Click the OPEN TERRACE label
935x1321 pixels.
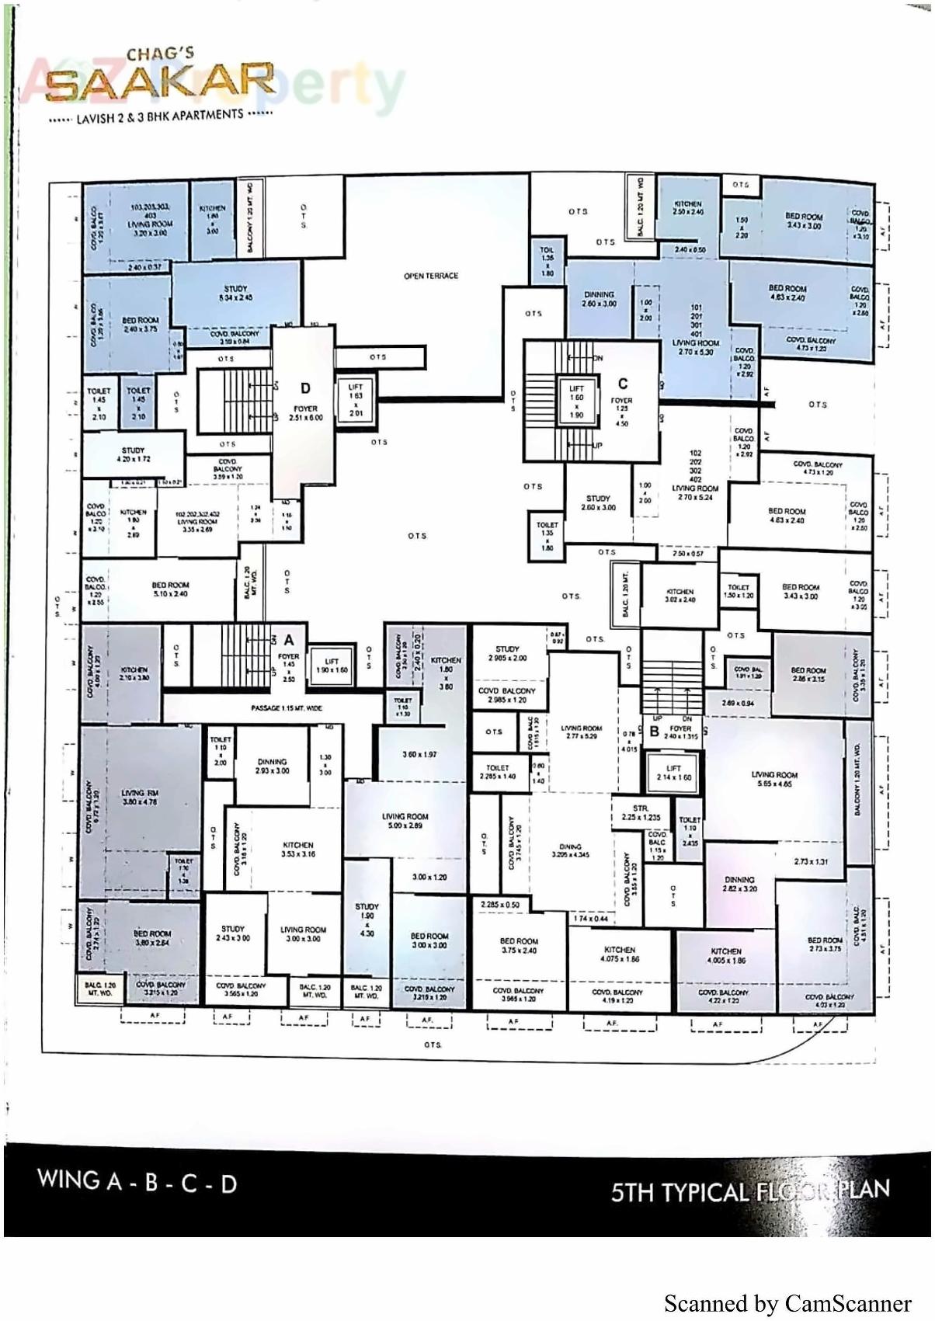point(431,276)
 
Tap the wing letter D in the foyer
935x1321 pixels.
point(306,388)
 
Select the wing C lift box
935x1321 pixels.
point(576,402)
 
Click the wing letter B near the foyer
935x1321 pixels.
point(654,731)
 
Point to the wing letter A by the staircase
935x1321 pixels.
point(289,640)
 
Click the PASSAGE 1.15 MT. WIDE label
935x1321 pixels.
point(287,708)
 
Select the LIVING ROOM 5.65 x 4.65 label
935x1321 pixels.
point(774,780)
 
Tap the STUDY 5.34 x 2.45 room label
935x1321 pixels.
point(236,293)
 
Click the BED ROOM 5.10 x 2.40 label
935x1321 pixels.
point(170,589)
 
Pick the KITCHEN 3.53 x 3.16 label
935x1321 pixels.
point(298,849)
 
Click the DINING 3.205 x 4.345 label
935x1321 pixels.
point(571,850)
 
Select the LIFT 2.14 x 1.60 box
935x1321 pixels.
point(673,773)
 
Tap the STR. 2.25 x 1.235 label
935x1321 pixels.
point(641,812)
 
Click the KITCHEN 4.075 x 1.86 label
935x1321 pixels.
point(620,954)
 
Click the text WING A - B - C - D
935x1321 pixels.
point(137,1181)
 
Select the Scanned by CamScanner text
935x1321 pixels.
point(787,1302)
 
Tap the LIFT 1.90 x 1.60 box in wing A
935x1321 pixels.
point(332,666)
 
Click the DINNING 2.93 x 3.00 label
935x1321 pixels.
point(272,766)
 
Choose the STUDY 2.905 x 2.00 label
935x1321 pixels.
point(507,653)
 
